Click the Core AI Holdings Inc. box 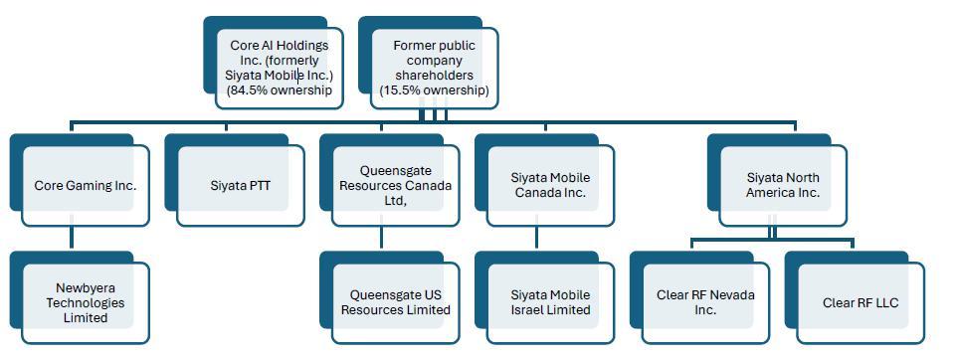(x=280, y=69)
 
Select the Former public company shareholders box (x=435, y=69)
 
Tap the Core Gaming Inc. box (x=86, y=186)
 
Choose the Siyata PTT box (x=241, y=186)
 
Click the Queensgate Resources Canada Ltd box (x=396, y=186)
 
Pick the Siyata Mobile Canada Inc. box (x=550, y=186)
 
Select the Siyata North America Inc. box (x=783, y=186)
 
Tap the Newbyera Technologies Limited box (x=86, y=302)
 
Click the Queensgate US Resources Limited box (x=396, y=302)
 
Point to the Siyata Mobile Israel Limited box (x=550, y=302)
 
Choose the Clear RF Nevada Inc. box (x=705, y=302)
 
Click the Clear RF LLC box (x=861, y=302)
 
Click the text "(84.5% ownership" (x=280, y=90)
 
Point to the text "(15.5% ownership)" (x=435, y=90)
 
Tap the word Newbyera (x=86, y=288)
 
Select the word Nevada (x=730, y=295)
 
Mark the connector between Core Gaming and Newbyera (x=72, y=238)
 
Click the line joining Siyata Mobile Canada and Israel (x=536, y=238)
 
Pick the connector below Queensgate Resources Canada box (x=381, y=238)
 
